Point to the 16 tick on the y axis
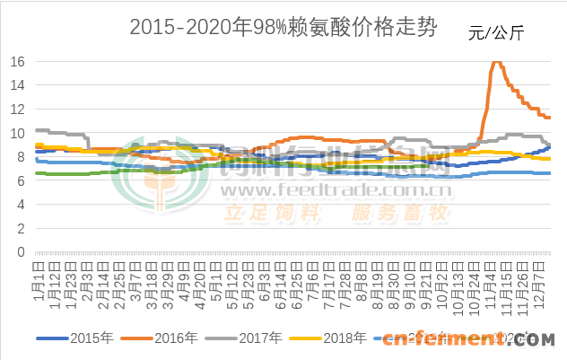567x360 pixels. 17,62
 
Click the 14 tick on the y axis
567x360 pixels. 17,85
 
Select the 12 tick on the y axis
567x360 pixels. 17,110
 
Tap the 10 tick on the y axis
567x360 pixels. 17,133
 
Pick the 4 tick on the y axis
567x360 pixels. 22,205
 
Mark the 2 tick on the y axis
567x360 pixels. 22,228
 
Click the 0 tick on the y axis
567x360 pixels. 22,252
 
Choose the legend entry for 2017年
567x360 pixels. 261,338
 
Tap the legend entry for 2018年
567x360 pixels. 345,338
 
